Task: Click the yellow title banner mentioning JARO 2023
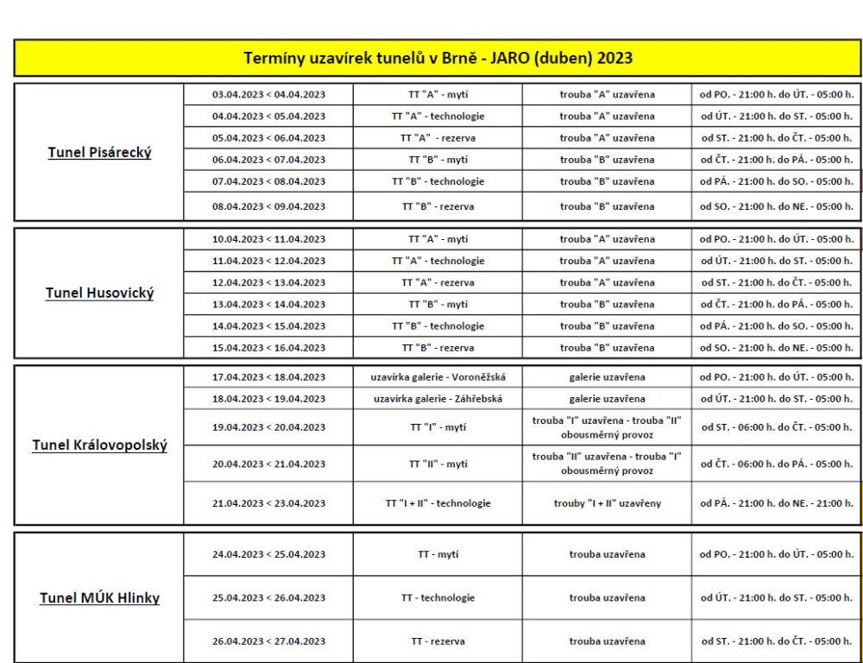pyautogui.click(x=438, y=59)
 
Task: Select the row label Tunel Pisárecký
pyautogui.click(x=99, y=153)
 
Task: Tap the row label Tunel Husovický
pyautogui.click(x=99, y=294)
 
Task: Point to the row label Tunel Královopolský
pyautogui.click(x=99, y=445)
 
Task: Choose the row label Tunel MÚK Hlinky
pyautogui.click(x=99, y=598)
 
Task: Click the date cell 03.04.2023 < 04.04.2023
pyautogui.click(x=268, y=94)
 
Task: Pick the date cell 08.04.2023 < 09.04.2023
pyautogui.click(x=268, y=206)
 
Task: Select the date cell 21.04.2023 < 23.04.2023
pyautogui.click(x=268, y=503)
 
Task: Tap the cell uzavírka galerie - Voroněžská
pyautogui.click(x=438, y=377)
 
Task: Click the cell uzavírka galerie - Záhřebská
pyautogui.click(x=438, y=399)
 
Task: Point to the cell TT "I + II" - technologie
pyautogui.click(x=438, y=503)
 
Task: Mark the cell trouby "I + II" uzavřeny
pyautogui.click(x=607, y=503)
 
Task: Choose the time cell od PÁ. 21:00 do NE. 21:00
pyautogui.click(x=776, y=503)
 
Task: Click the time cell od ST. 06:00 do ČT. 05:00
pyautogui.click(x=776, y=427)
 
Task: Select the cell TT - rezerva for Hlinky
pyautogui.click(x=438, y=641)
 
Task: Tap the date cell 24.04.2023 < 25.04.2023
pyautogui.click(x=268, y=554)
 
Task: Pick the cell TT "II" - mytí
pyautogui.click(x=438, y=464)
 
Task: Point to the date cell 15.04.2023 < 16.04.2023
pyautogui.click(x=268, y=348)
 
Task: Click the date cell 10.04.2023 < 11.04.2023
pyautogui.click(x=268, y=239)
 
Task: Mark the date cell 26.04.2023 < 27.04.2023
pyautogui.click(x=268, y=641)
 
